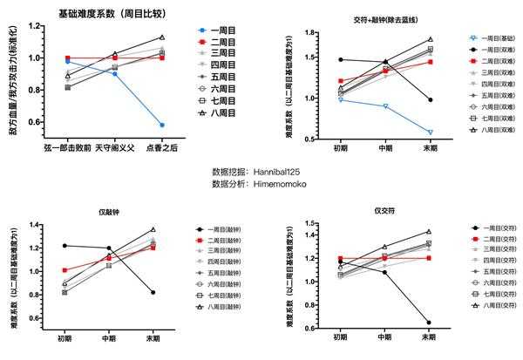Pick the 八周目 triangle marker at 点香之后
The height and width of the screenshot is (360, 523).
point(162,37)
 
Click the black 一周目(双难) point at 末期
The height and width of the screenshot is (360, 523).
point(430,99)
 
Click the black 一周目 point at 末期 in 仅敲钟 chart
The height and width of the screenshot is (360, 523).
point(154,292)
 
